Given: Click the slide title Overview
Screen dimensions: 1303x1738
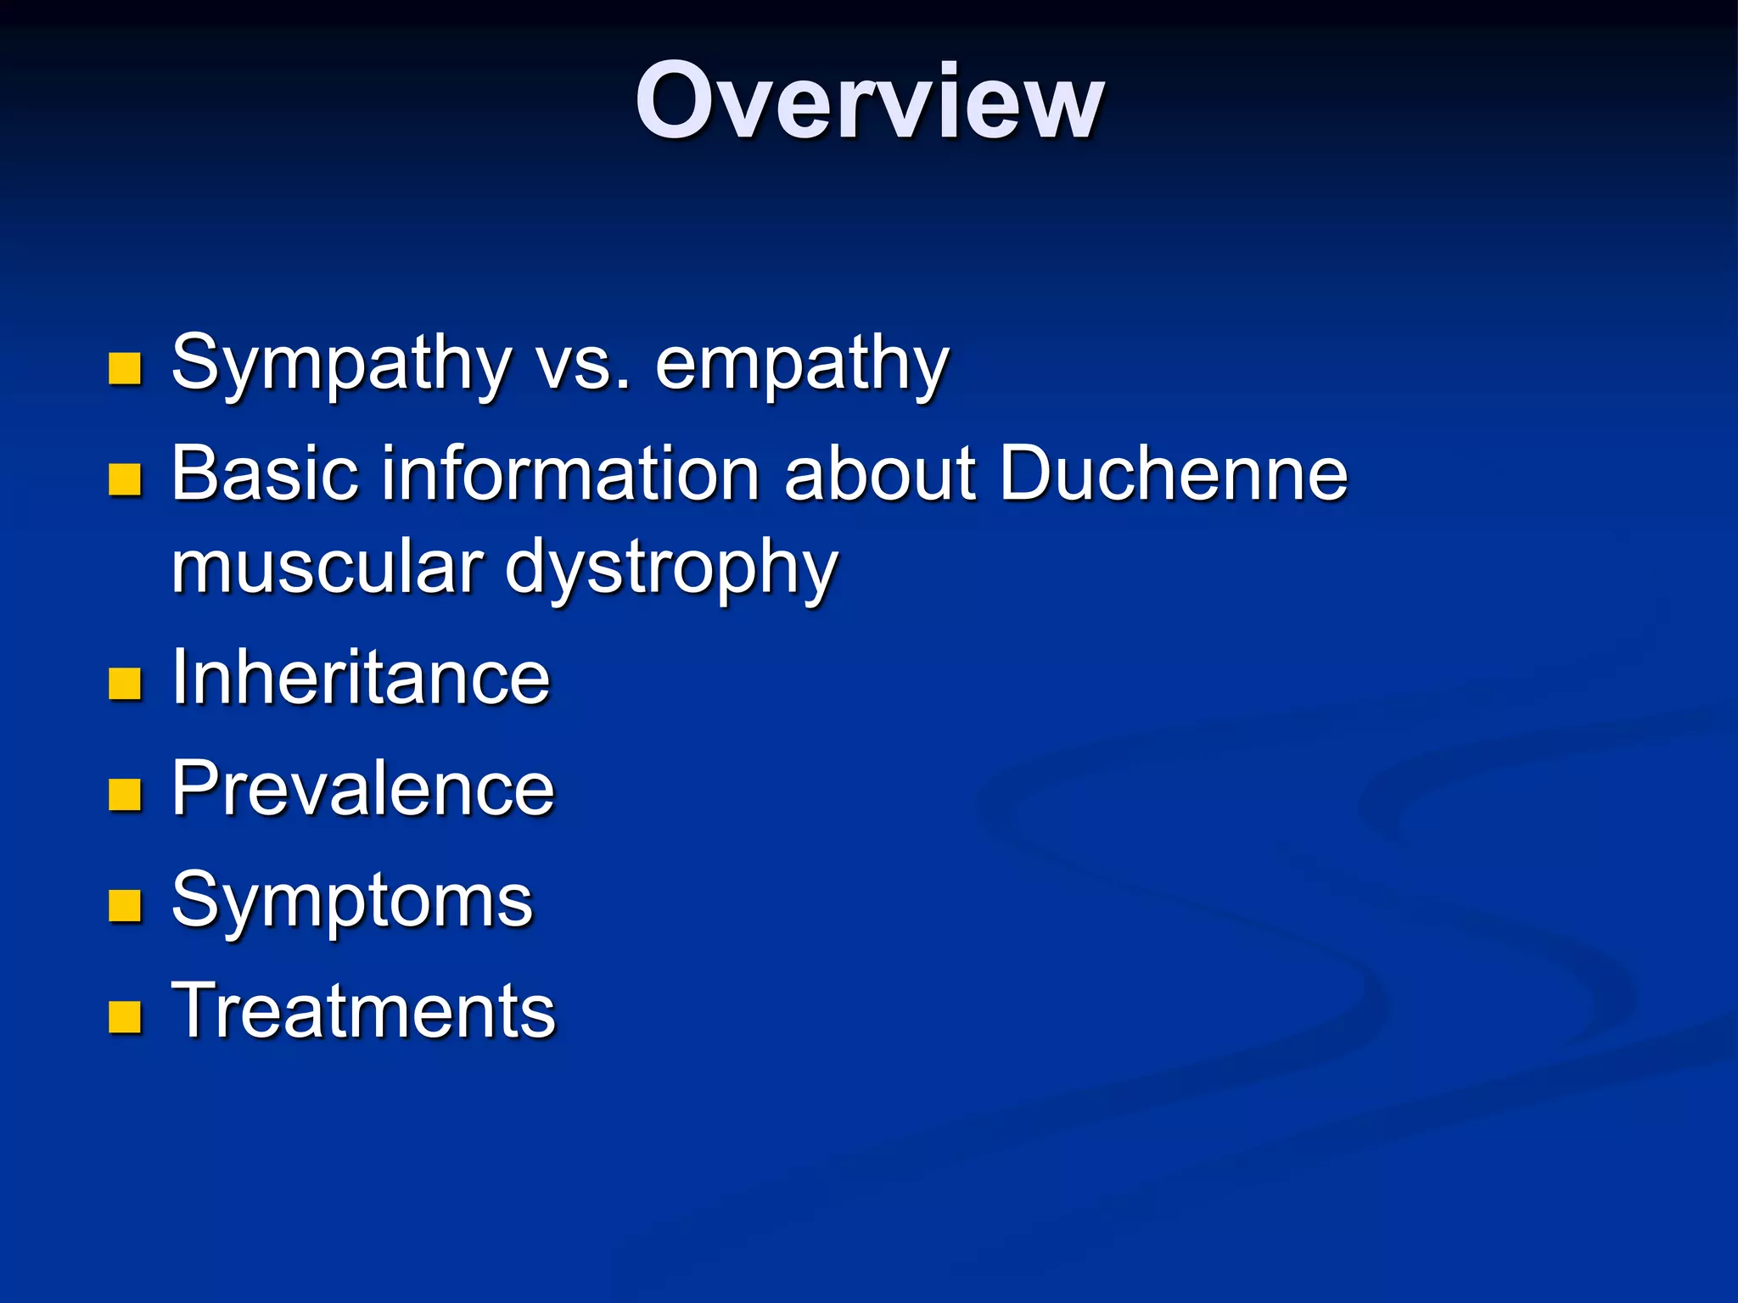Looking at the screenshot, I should click(869, 102).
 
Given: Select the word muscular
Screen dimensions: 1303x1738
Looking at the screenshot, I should click(327, 567).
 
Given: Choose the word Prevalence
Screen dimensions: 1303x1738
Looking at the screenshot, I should click(363, 789).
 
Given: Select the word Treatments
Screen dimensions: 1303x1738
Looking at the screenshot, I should click(363, 1010).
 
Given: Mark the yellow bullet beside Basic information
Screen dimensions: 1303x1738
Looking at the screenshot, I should click(125, 479).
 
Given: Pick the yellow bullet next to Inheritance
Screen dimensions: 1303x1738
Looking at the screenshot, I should click(125, 683).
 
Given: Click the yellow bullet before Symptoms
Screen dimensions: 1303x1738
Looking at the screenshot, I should click(125, 905).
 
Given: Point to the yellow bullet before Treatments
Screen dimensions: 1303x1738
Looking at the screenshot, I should click(125, 1016).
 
